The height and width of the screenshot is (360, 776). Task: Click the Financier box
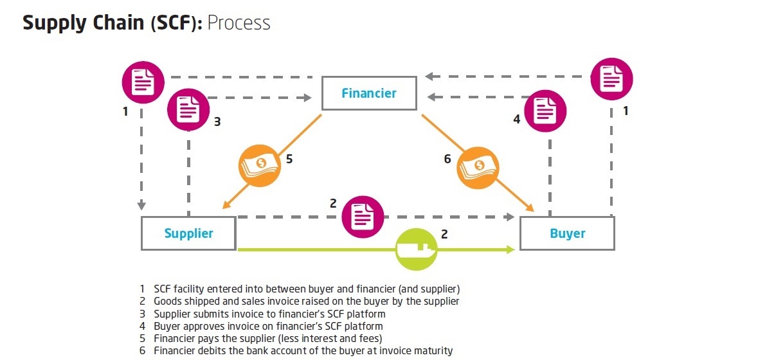pos(369,93)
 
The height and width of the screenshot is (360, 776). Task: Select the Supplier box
pos(188,233)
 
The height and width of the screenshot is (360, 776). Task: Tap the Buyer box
pos(567,233)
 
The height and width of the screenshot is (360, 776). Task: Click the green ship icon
pos(417,248)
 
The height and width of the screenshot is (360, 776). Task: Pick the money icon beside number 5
pos(260,166)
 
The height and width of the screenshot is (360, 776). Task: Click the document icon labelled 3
pos(188,110)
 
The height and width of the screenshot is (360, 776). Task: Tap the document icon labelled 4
pos(546,111)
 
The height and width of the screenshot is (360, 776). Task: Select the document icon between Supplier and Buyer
pos(363,217)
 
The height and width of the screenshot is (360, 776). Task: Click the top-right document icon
pos(611,79)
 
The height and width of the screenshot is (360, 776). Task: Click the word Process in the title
pos(239,23)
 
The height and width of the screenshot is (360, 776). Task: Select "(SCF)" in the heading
pos(177,23)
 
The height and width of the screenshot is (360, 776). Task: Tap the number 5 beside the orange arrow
pos(289,159)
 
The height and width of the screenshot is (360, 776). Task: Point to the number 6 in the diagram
pos(447,159)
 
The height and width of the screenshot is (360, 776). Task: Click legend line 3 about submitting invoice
pos(269,314)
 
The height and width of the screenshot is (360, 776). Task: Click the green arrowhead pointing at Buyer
pos(510,249)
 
